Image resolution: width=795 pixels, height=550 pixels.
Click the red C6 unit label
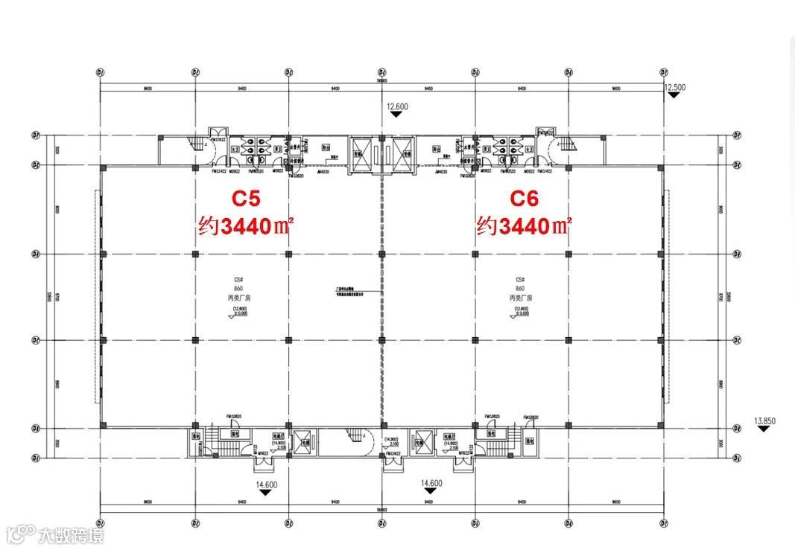(525, 199)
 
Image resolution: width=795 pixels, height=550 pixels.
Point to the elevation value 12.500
(674, 87)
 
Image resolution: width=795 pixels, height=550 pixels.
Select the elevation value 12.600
(397, 106)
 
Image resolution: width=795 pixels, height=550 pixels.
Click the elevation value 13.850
(765, 421)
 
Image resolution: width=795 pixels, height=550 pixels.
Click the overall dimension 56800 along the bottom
(381, 510)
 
